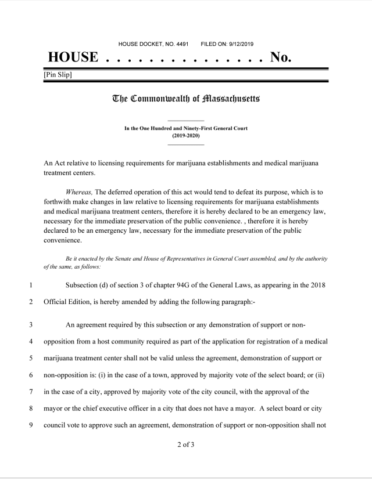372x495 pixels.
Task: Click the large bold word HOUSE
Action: [73, 57]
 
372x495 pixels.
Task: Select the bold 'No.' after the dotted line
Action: [281, 57]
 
